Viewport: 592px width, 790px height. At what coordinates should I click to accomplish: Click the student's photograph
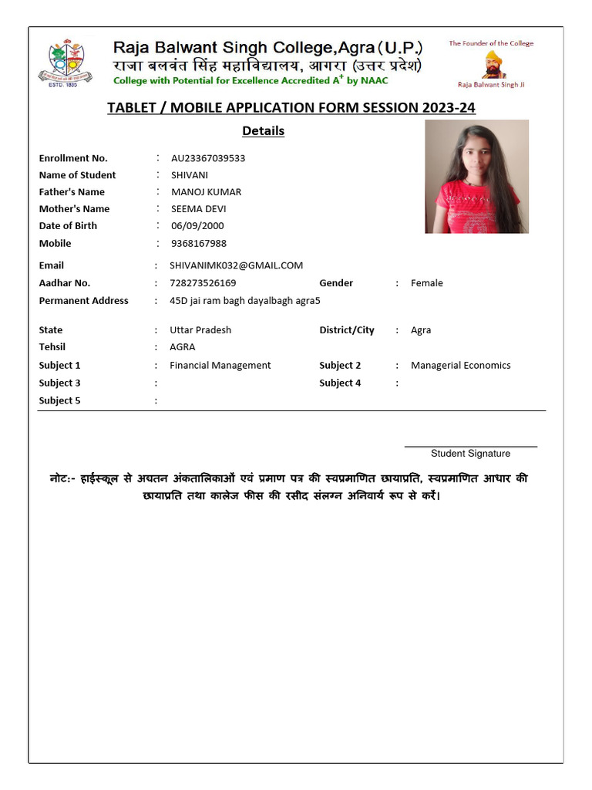(476, 177)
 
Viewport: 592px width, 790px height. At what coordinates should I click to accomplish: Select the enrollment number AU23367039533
(208, 158)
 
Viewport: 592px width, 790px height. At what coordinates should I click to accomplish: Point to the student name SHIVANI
(190, 175)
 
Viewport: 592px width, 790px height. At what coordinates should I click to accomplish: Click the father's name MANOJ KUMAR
(206, 192)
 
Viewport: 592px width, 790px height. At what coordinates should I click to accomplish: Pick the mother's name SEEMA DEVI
(199, 209)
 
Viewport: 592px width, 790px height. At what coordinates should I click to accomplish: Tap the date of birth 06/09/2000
(197, 226)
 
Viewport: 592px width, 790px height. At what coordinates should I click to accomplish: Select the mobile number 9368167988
(199, 244)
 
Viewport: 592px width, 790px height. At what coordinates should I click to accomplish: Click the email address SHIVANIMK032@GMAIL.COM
(236, 265)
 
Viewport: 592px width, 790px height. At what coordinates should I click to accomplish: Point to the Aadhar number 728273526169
(203, 283)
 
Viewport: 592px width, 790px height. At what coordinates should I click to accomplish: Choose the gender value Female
(426, 283)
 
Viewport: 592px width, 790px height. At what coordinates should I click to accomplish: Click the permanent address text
(244, 301)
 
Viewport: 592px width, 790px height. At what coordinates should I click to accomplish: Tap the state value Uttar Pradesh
(200, 330)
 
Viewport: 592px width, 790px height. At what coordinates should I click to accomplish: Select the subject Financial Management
(220, 366)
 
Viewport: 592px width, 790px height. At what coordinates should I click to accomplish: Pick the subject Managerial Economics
(460, 366)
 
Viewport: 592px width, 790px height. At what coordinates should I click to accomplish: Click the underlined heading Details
(263, 131)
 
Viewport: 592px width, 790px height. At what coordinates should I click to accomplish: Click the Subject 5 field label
(59, 400)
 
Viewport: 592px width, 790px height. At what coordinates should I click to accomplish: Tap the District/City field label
(346, 330)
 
